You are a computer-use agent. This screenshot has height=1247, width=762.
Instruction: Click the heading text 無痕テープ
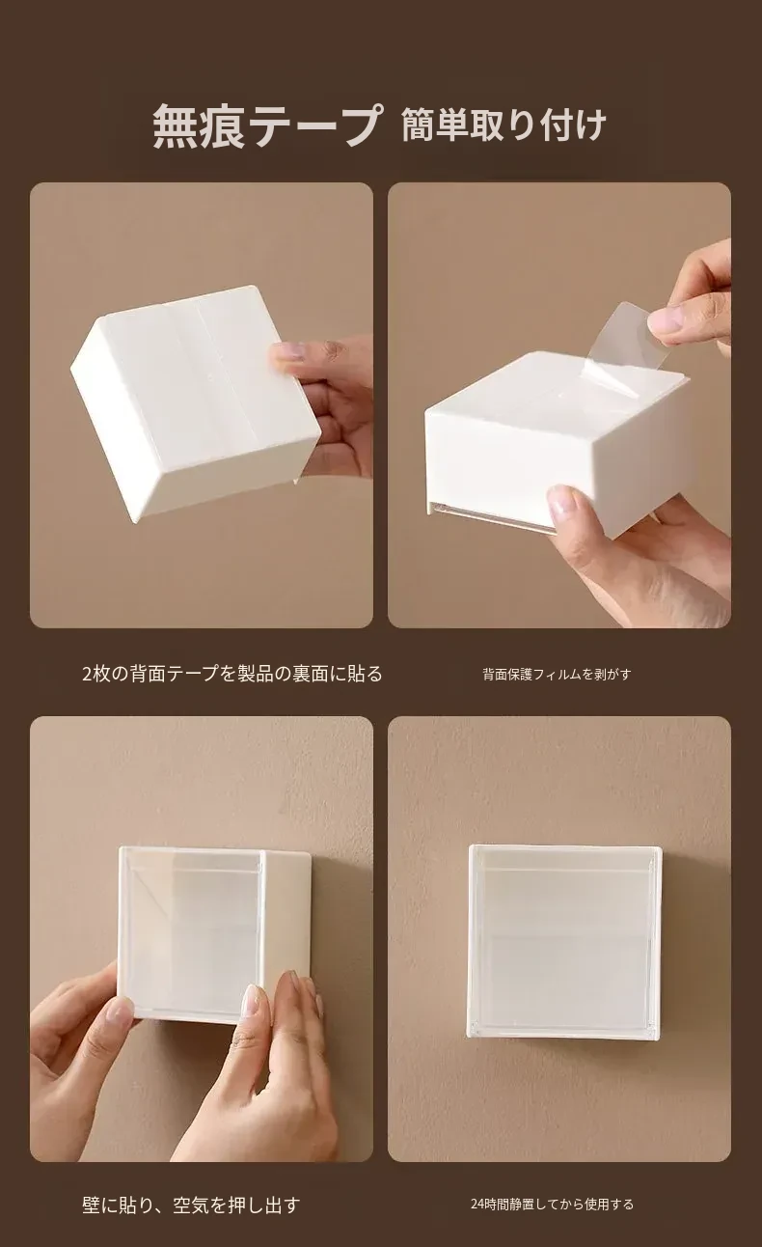tap(267, 126)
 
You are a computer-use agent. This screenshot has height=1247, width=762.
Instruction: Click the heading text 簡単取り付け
tap(503, 126)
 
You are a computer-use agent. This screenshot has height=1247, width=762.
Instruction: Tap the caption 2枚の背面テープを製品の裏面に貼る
tap(231, 674)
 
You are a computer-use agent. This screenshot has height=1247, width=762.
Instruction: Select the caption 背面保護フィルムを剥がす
tap(557, 674)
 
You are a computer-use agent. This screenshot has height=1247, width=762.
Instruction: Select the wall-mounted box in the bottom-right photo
tap(565, 942)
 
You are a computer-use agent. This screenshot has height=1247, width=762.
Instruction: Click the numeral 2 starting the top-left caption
tap(88, 674)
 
